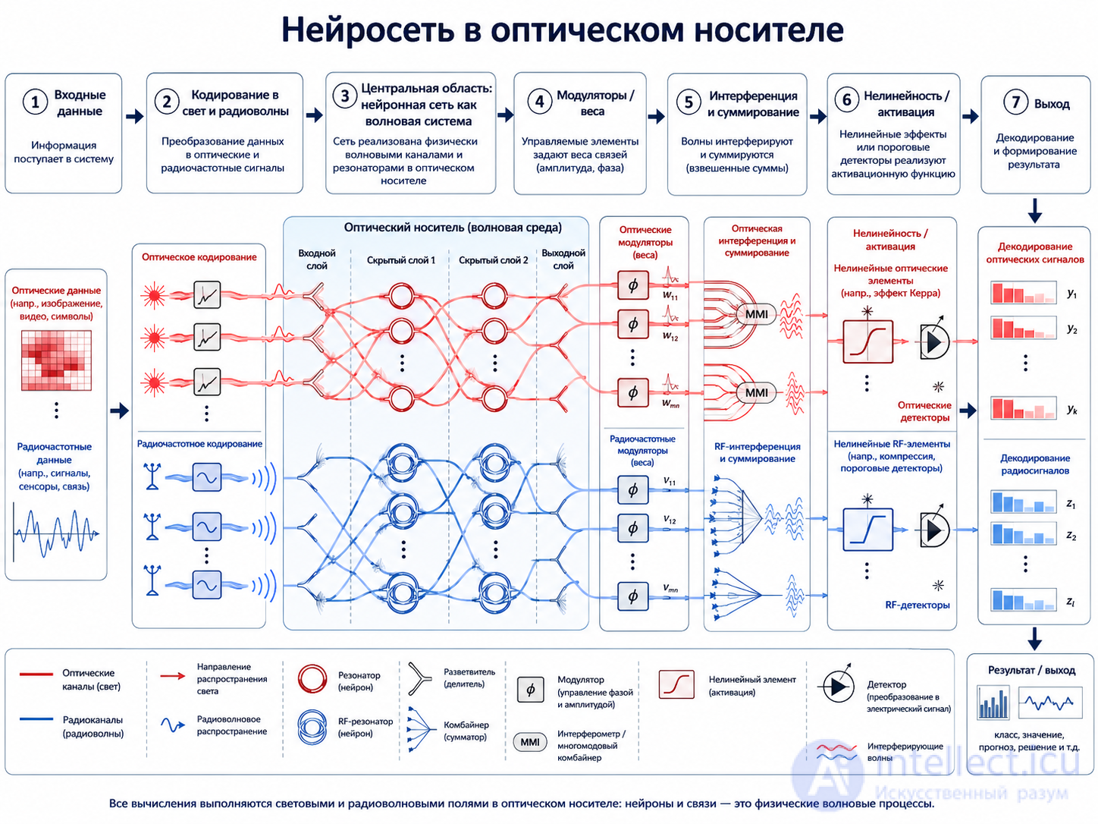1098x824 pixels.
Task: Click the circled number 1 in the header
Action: (35, 102)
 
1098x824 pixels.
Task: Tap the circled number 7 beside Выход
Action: (1015, 102)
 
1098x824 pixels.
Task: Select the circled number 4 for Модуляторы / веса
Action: (539, 102)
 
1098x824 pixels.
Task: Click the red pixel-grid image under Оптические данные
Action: (56, 360)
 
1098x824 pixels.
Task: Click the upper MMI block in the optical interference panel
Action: (756, 314)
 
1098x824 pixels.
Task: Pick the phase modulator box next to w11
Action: (632, 285)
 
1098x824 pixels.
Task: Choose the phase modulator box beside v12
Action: (632, 528)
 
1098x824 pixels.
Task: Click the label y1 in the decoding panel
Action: (1071, 294)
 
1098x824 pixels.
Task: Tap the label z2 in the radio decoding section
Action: (1071, 536)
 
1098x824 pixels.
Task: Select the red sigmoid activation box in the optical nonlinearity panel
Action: (867, 341)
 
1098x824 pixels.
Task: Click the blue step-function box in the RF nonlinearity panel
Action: (867, 530)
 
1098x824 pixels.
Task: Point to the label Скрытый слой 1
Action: (400, 260)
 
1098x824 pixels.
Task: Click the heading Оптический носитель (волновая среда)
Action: (453, 228)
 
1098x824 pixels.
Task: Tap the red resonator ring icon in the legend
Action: (312, 679)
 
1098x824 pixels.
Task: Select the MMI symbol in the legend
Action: (530, 742)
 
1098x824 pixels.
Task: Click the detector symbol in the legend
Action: (836, 686)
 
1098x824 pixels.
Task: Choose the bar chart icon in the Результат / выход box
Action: (993, 703)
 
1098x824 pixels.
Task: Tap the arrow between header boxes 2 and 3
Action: (314, 115)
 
